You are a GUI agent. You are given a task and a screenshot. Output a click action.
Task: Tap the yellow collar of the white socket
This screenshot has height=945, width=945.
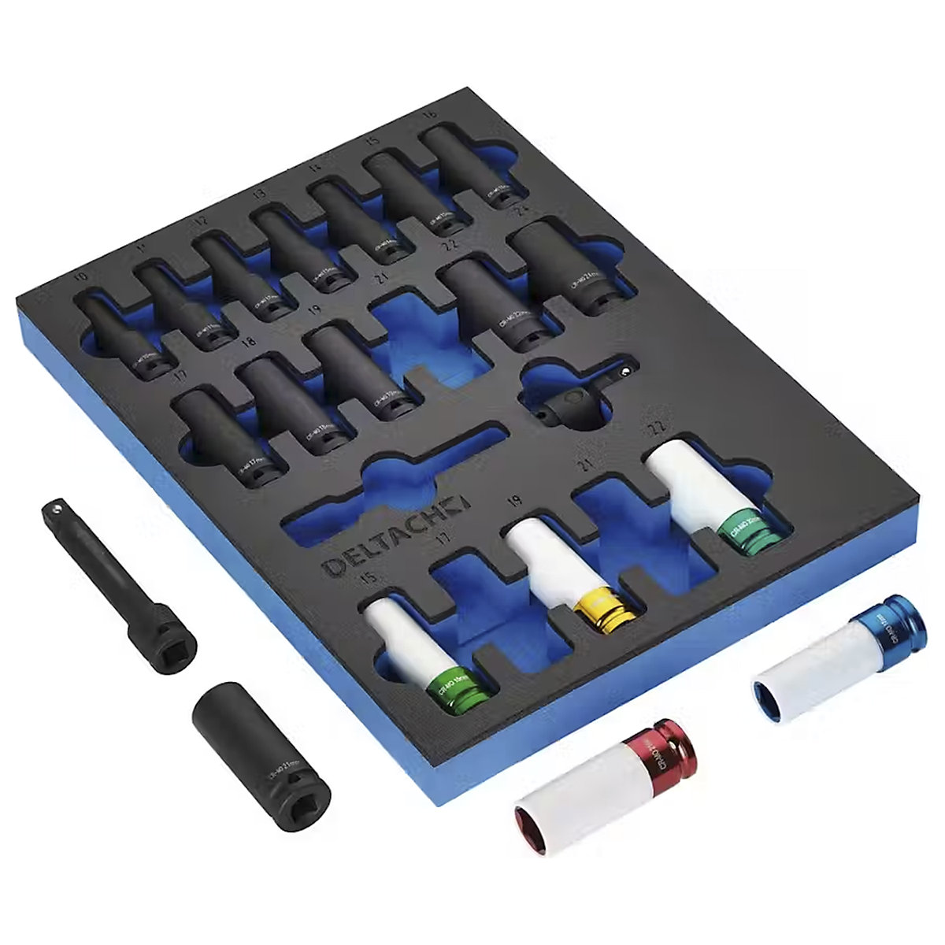pyautogui.click(x=605, y=606)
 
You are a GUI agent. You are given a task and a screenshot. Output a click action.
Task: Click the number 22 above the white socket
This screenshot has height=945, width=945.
pyautogui.click(x=653, y=427)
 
